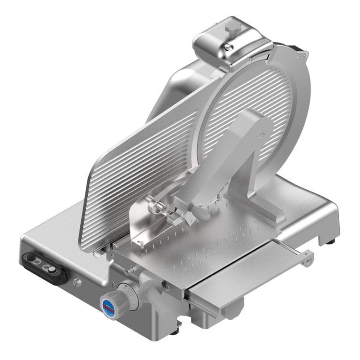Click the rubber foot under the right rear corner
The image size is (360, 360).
tap(331, 241)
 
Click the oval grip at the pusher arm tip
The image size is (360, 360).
tap(202, 213)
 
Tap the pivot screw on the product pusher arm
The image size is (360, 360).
tap(262, 136)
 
